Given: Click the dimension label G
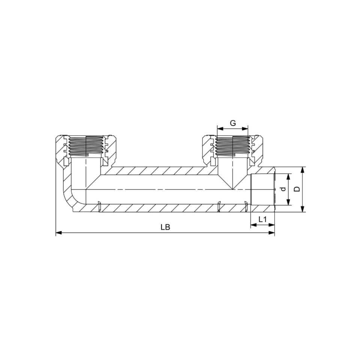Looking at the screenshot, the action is (233, 123).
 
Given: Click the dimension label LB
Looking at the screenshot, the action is (165, 227).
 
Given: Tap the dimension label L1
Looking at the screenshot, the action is (262, 219).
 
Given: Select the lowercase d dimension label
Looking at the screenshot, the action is (283, 189).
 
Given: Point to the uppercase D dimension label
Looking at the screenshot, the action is (297, 189).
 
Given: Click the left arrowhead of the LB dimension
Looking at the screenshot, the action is (59, 233).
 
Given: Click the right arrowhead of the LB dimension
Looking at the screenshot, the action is (271, 233).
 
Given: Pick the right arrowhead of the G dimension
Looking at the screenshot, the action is (245, 129).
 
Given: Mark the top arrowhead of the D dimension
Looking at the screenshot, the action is (303, 170).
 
